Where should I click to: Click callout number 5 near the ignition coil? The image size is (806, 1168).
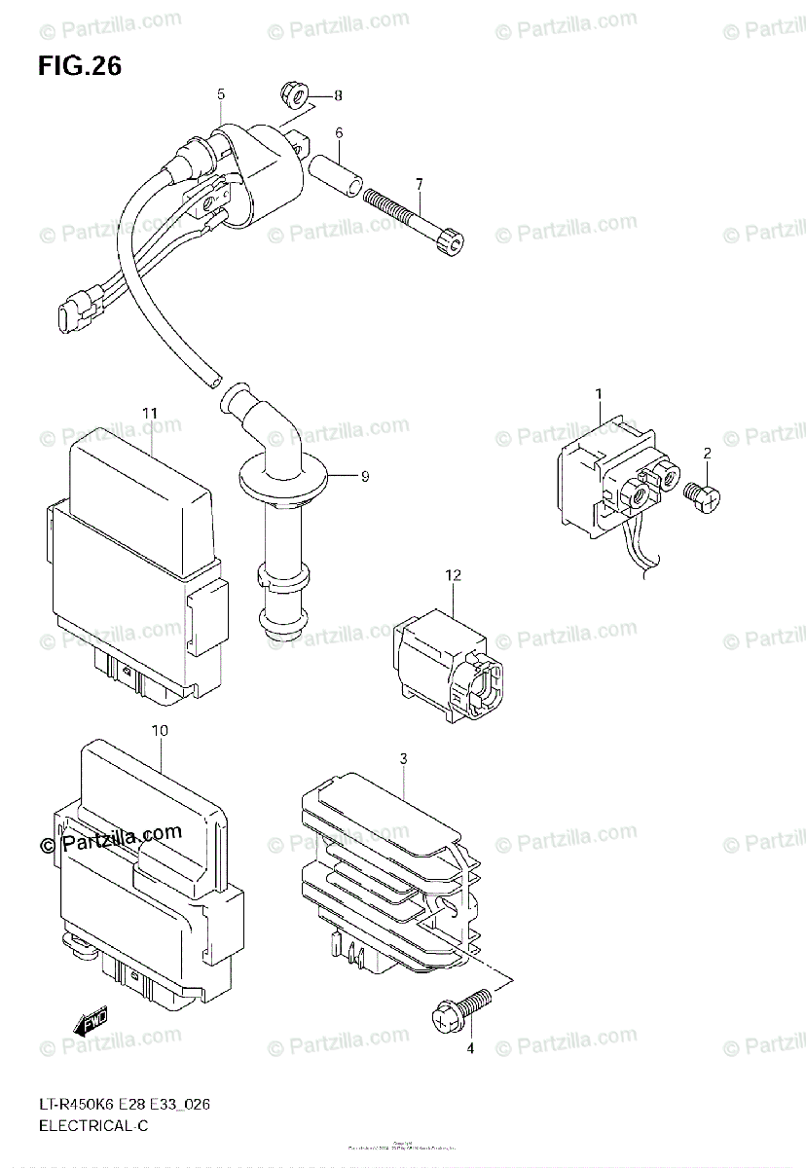[x=221, y=94]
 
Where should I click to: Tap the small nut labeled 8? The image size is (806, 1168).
[x=291, y=94]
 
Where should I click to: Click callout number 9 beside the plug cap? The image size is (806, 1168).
[x=365, y=476]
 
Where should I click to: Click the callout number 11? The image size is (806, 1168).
[x=148, y=414]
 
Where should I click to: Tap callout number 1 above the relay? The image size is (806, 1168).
[x=600, y=393]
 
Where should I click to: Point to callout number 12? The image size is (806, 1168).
[x=452, y=576]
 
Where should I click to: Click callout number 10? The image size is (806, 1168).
[x=160, y=729]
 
